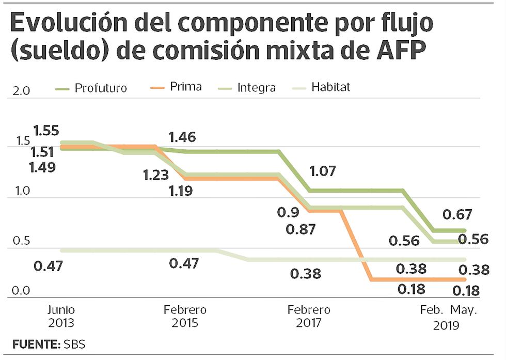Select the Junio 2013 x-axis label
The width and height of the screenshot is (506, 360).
[61, 317]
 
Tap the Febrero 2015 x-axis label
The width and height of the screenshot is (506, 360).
[185, 317]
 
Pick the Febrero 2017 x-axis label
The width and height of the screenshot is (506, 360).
[309, 317]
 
